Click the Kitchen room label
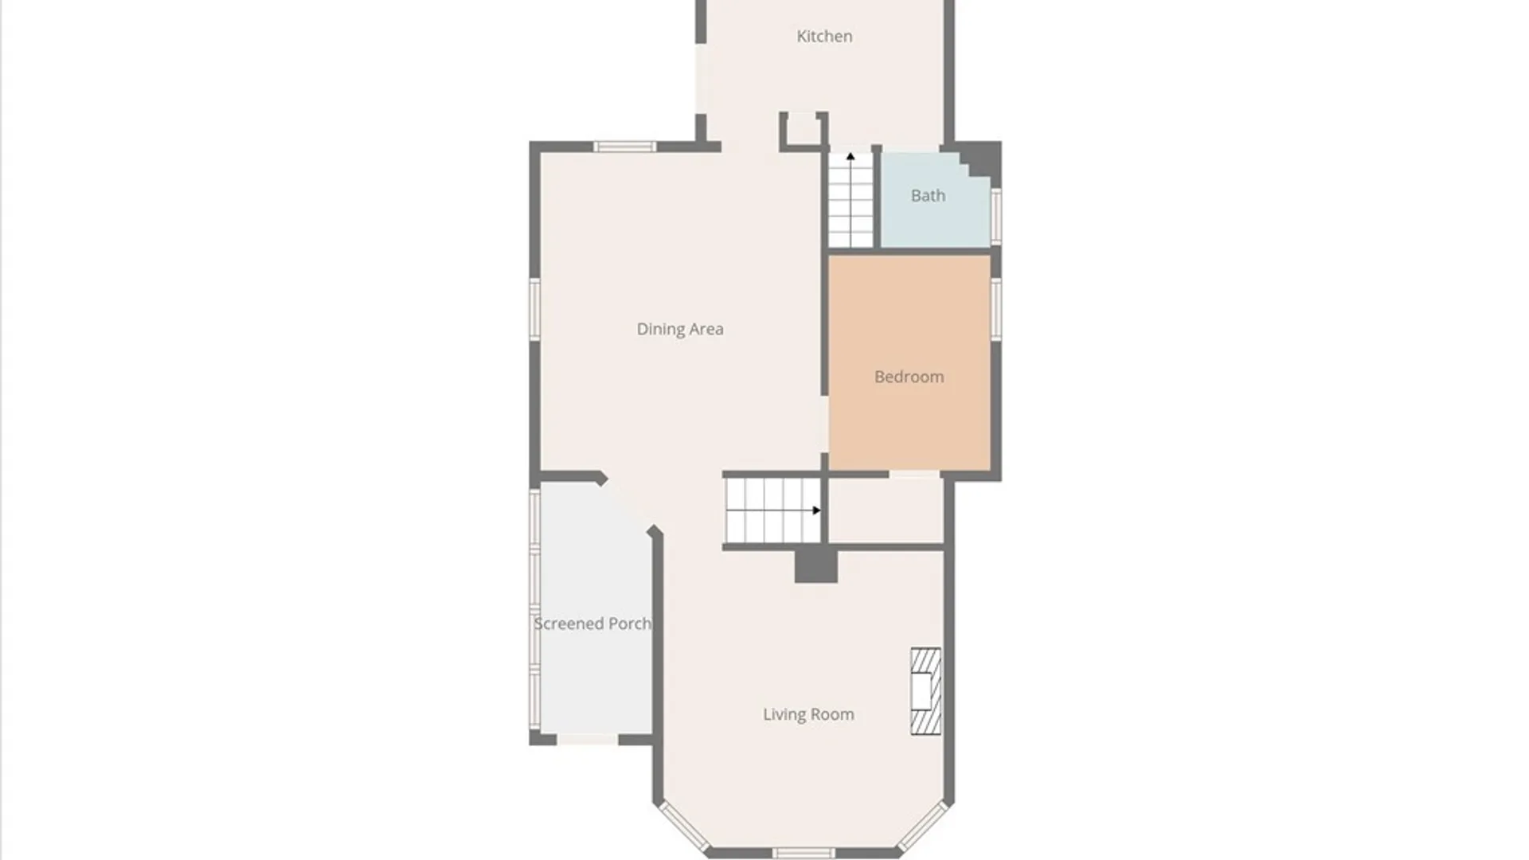[824, 36]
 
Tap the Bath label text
[928, 195]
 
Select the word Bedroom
[909, 377]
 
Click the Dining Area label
[679, 329]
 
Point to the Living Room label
[808, 714]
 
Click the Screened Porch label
[592, 623]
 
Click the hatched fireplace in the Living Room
[925, 691]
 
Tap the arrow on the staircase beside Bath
[851, 157]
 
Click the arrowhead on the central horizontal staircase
[816, 510]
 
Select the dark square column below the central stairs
[815, 566]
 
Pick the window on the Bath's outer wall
[995, 216]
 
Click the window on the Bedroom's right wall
[995, 309]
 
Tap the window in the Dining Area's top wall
[624, 147]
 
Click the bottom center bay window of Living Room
[803, 853]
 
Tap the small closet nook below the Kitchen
[803, 130]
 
